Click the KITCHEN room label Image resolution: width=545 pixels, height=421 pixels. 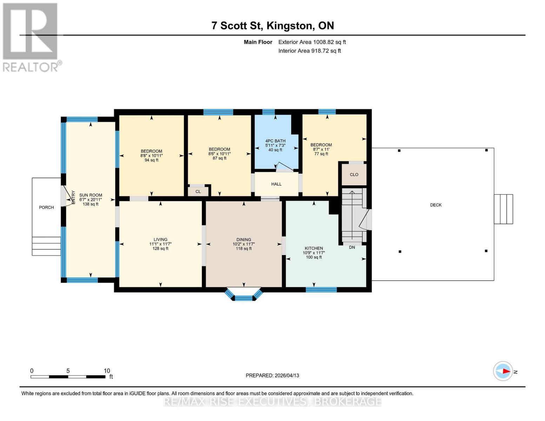pyautogui.click(x=313, y=248)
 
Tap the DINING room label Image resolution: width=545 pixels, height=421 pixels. pyautogui.click(x=244, y=240)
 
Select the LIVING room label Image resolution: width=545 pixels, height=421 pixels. pyautogui.click(x=160, y=240)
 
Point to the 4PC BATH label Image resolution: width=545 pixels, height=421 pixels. pyautogui.click(x=275, y=141)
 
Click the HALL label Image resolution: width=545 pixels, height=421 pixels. pyautogui.click(x=276, y=184)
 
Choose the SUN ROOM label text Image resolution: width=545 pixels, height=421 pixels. pyautogui.click(x=91, y=195)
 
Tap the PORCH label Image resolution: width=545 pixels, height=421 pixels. pyautogui.click(x=46, y=208)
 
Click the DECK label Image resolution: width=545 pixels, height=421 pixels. pyautogui.click(x=436, y=205)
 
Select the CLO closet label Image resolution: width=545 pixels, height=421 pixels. pyautogui.click(x=354, y=175)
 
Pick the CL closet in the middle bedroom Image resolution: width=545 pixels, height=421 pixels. pyautogui.click(x=198, y=192)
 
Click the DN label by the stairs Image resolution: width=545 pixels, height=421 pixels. pyautogui.click(x=352, y=247)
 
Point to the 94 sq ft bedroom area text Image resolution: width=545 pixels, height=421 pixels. pyautogui.click(x=152, y=160)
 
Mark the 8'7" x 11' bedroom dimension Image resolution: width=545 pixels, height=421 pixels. pyautogui.click(x=321, y=149)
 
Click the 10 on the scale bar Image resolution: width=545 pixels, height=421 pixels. pyautogui.click(x=107, y=371)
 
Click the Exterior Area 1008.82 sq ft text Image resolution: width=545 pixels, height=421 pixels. pyautogui.click(x=312, y=42)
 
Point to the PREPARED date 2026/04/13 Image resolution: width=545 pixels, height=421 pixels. pyautogui.click(x=272, y=375)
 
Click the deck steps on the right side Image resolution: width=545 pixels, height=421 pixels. pyautogui.click(x=503, y=209)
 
